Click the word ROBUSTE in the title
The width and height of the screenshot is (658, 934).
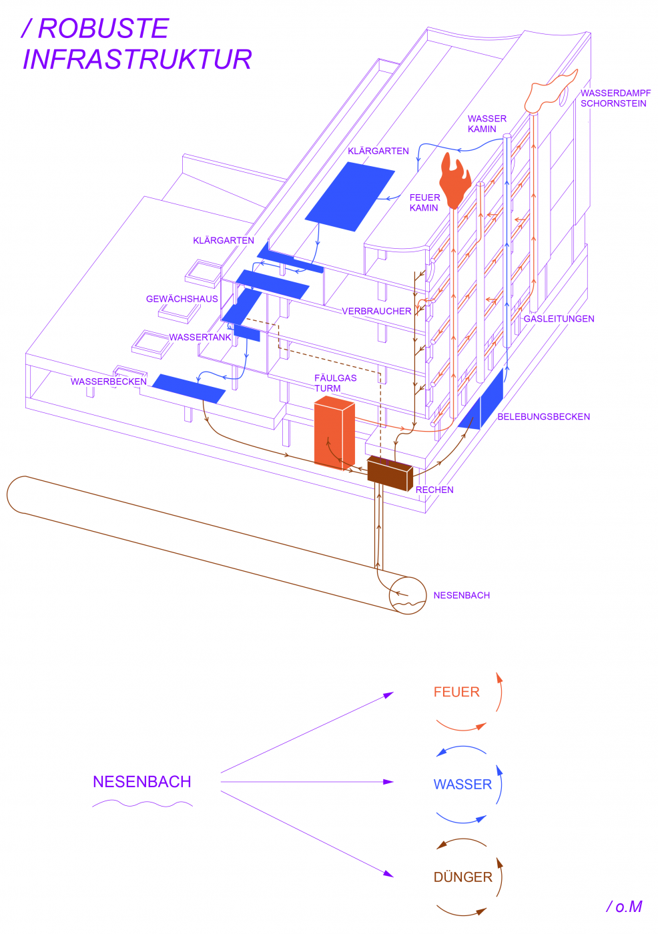103,29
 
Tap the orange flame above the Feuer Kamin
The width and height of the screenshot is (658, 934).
455,182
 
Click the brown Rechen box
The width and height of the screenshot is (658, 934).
390,474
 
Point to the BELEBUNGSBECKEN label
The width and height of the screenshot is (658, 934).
543,417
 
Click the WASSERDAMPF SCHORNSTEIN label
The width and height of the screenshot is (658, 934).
615,98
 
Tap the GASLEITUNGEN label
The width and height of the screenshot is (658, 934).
559,319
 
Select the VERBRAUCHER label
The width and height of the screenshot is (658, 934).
376,312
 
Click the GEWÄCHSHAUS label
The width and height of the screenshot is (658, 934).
182,299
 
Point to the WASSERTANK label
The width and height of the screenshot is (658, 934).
200,338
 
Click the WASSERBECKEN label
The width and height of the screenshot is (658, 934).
109,382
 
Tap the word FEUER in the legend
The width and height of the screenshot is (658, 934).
456,692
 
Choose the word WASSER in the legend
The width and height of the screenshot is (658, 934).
462,785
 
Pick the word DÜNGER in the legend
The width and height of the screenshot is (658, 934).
462,877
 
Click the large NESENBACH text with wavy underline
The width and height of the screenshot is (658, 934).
142,782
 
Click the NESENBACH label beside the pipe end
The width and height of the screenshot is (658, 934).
461,595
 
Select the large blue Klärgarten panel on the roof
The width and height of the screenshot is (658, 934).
350,196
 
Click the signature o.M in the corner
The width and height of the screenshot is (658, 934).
625,907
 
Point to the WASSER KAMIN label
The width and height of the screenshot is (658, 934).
486,123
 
